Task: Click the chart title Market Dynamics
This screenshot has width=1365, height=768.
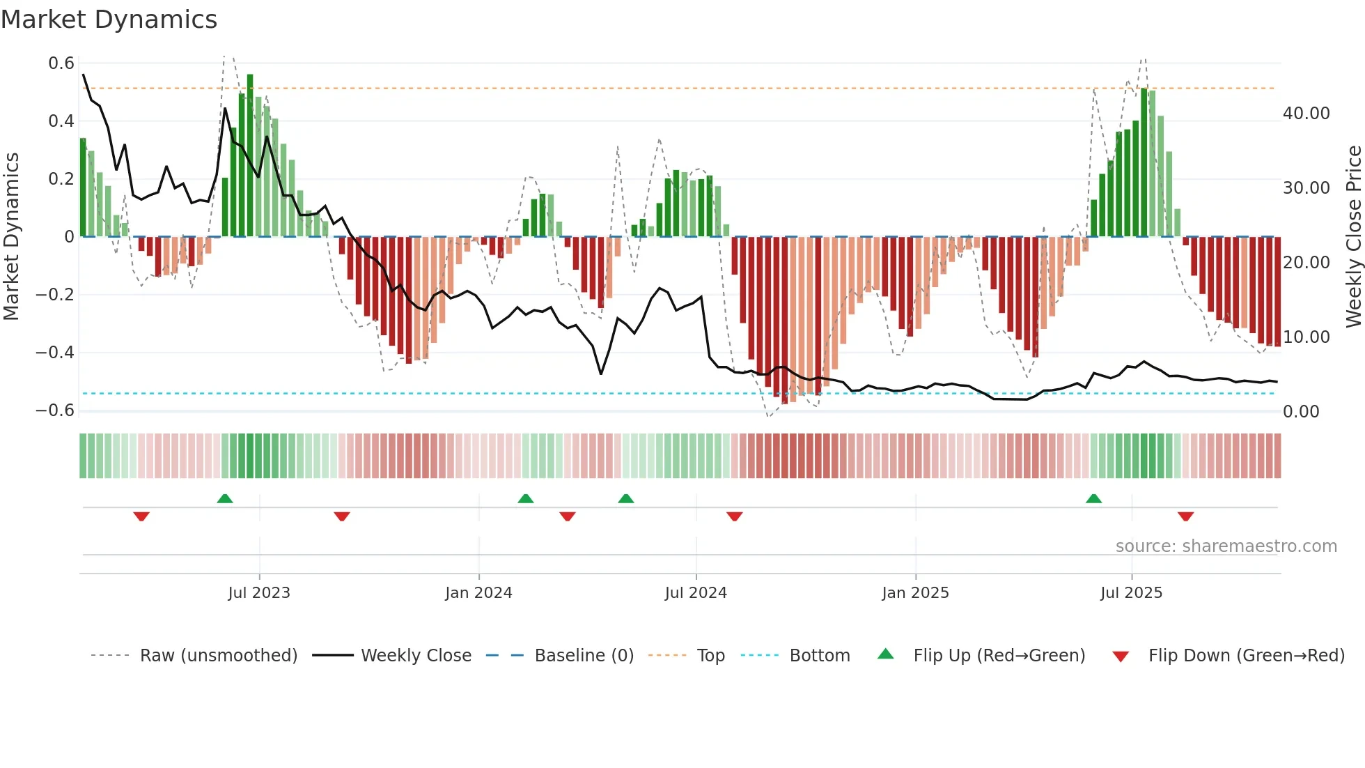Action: (109, 20)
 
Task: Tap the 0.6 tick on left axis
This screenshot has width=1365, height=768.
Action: (61, 63)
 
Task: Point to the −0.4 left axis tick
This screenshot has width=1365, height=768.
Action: (55, 353)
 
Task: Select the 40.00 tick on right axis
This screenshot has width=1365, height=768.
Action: (1306, 114)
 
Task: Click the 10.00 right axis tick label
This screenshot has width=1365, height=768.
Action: (1306, 337)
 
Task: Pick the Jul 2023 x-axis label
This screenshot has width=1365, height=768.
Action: (259, 593)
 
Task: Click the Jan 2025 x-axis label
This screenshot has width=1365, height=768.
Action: (915, 593)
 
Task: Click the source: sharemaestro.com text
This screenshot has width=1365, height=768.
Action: (1226, 546)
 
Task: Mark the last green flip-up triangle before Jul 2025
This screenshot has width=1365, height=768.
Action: (1093, 499)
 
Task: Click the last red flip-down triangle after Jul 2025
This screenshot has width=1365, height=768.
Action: (1185, 516)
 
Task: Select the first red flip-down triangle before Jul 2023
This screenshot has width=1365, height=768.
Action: (141, 516)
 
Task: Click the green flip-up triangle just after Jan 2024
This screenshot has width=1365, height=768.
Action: (526, 499)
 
